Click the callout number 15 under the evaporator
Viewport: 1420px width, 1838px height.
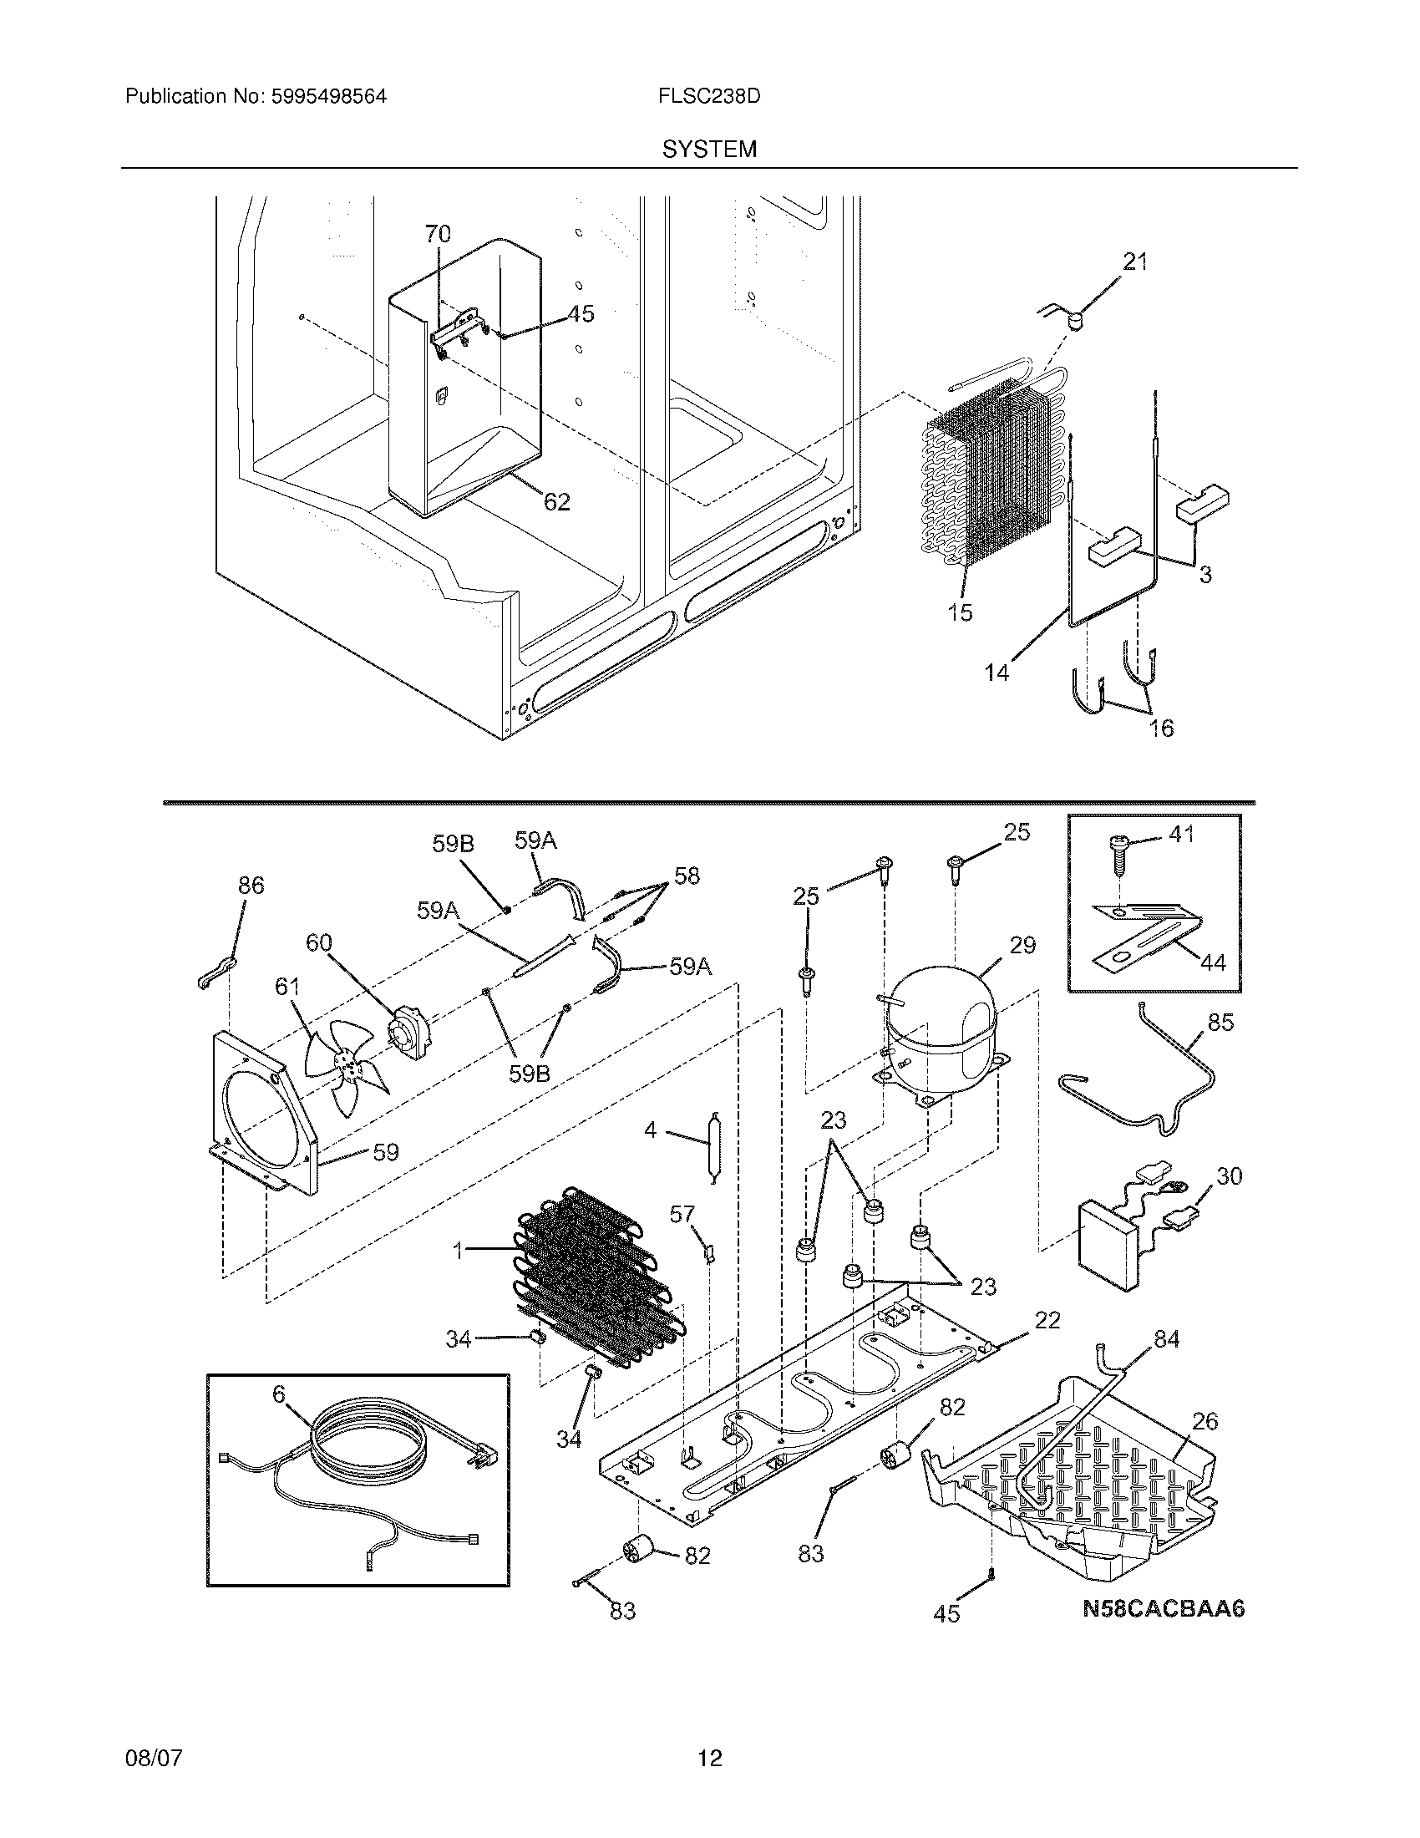[960, 612]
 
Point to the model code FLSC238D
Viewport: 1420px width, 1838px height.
[709, 96]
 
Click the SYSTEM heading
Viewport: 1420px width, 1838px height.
[709, 150]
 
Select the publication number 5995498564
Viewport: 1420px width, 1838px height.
[328, 96]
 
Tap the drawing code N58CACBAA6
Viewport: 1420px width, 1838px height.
[1163, 1609]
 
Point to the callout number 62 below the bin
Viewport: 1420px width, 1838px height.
[556, 502]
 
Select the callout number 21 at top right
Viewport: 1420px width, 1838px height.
[1135, 261]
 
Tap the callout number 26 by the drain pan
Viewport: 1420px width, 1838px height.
[1204, 1421]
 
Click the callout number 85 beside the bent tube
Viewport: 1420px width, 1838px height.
[1220, 1022]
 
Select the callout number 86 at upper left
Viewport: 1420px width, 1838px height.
[251, 885]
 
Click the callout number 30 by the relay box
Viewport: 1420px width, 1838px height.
[1229, 1175]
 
